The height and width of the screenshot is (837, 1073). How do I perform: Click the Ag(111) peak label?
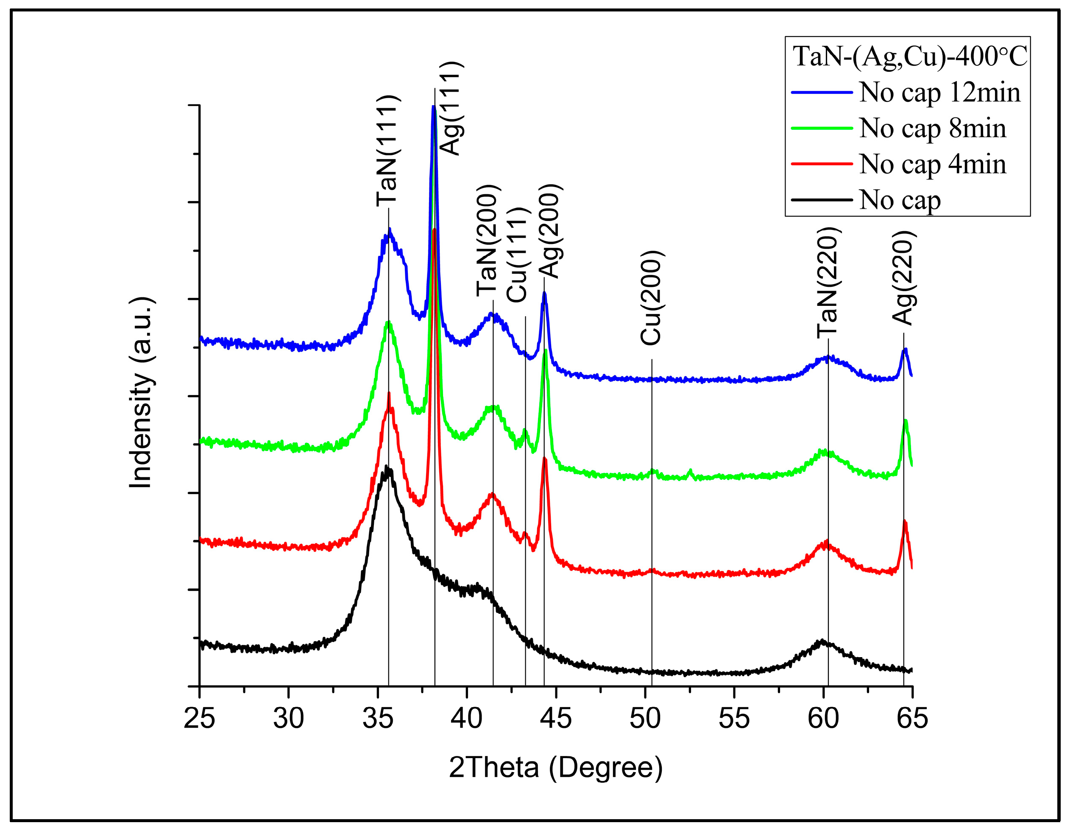click(x=450, y=108)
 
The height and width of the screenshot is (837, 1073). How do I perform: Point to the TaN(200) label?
click(x=488, y=241)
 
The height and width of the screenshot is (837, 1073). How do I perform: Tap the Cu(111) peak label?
click(x=517, y=255)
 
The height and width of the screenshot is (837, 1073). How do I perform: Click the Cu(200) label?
click(x=652, y=298)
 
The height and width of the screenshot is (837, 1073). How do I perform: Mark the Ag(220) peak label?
click(x=903, y=278)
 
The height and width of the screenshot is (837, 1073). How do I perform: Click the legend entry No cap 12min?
click(x=939, y=92)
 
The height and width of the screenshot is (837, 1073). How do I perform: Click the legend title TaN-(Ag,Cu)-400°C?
click(x=910, y=56)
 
